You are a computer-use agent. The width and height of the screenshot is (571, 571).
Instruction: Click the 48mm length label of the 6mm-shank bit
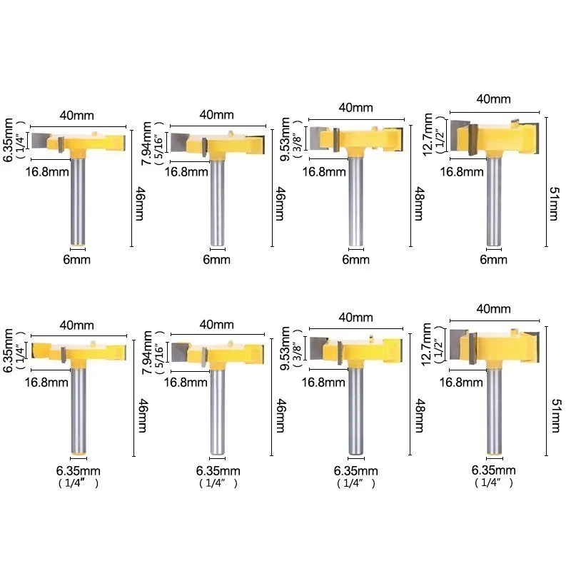tap(419, 204)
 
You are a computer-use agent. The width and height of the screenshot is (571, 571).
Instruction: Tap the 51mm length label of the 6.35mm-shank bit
tap(557, 415)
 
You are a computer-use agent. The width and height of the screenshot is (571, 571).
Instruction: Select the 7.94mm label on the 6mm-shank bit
tap(147, 143)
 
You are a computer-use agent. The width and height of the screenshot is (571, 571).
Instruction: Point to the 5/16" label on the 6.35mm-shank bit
tap(159, 353)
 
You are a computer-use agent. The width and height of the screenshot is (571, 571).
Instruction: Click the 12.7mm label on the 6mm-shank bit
tap(428, 135)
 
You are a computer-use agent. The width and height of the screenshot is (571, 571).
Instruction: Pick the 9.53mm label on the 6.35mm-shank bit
tap(285, 348)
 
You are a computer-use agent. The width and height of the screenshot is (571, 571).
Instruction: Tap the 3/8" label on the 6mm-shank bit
tap(298, 139)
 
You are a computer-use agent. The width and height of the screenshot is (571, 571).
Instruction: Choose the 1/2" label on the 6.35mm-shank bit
tap(439, 345)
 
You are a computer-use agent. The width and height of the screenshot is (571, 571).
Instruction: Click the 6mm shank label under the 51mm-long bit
tap(493, 260)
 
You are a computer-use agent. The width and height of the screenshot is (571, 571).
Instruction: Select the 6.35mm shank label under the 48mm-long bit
tap(355, 470)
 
